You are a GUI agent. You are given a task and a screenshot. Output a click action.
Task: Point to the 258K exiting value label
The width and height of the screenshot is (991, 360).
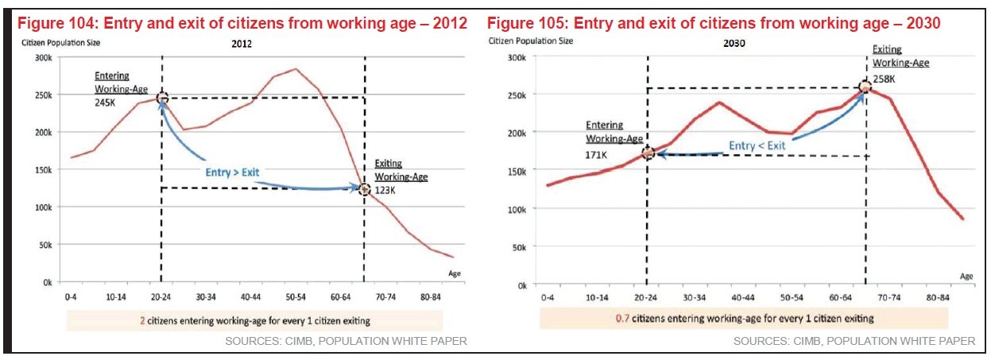(884, 78)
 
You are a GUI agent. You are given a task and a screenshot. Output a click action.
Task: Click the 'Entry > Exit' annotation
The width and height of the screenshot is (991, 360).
(229, 172)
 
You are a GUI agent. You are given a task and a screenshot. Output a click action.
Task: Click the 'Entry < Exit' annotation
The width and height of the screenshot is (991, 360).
(757, 146)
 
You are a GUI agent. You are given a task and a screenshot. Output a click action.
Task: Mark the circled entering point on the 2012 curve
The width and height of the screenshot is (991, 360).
(162, 99)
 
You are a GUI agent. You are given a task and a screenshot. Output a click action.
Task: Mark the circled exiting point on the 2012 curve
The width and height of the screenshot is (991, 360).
(365, 189)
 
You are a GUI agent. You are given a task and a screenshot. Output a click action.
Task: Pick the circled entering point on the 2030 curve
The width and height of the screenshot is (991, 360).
(648, 153)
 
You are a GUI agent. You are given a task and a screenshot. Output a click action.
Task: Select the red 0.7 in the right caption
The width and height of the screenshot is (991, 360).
(622, 318)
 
